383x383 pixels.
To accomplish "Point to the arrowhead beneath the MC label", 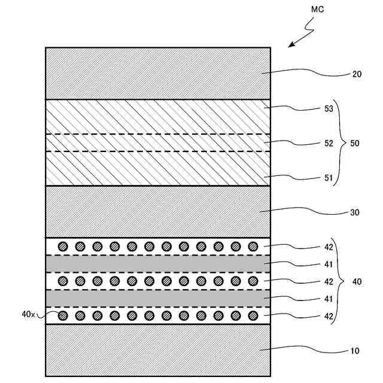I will (x=291, y=45).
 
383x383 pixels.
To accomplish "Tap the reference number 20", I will (x=357, y=75).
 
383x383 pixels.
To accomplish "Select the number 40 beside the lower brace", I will (x=357, y=281).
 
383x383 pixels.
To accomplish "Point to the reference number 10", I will (x=355, y=351).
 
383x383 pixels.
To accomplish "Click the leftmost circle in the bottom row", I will (x=62, y=315).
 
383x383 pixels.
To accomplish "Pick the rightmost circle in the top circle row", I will (x=253, y=246).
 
